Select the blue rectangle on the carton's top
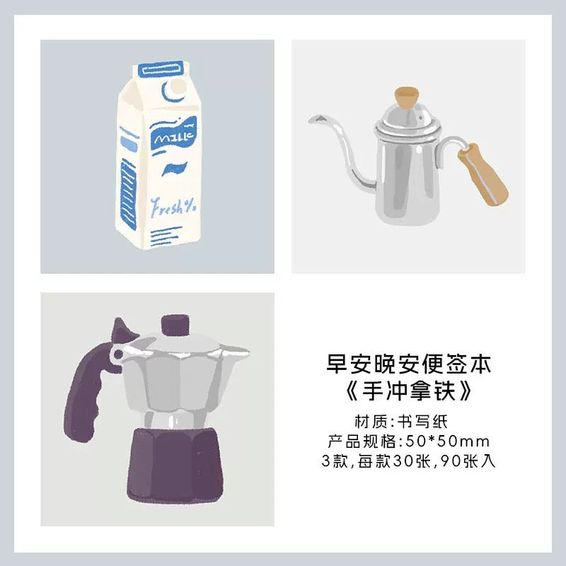[x=161, y=69]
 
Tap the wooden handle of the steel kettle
[x=483, y=174]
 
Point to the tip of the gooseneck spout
[x=311, y=119]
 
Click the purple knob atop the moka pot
[x=175, y=325]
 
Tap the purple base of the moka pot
[x=173, y=465]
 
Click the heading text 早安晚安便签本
[x=409, y=364]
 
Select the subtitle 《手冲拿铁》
[x=409, y=391]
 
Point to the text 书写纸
[x=422, y=422]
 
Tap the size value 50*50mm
[x=448, y=441]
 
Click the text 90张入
[x=468, y=461]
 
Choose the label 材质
[x=367, y=422]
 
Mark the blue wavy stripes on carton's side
[x=129, y=195]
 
